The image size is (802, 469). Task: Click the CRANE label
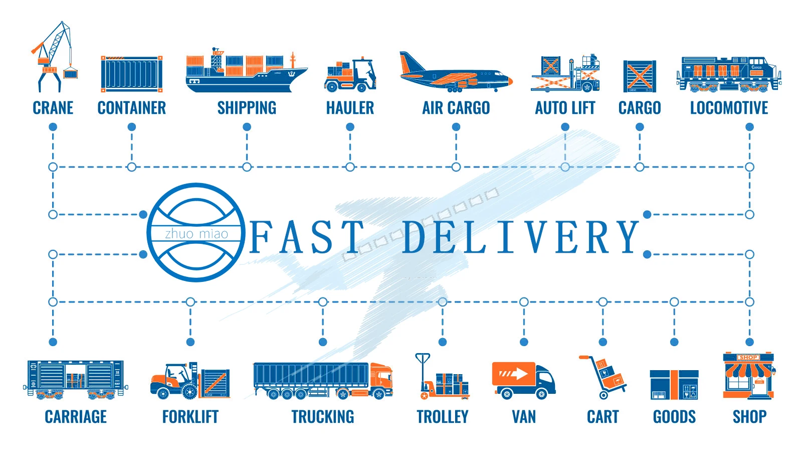pos(53,108)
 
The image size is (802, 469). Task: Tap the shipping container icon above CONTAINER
pos(132,74)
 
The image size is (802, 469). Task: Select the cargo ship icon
pos(246,73)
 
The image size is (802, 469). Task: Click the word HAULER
pos(350,108)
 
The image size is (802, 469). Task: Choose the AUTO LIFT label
pos(565,108)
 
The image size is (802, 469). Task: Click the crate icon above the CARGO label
pos(640,76)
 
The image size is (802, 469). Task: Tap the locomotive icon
pos(729,74)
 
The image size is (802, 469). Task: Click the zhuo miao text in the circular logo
pos(196,234)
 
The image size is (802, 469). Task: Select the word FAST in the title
pos(306,237)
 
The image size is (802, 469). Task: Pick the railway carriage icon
pos(75,379)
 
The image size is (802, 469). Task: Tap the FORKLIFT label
pos(190,416)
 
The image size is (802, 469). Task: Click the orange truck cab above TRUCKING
pos(381,380)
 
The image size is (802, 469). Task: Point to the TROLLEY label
pos(443,416)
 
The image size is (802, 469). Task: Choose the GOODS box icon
pos(674,385)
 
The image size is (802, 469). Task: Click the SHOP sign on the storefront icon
pos(748,358)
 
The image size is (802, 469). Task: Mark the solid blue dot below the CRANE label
pos(53,127)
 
